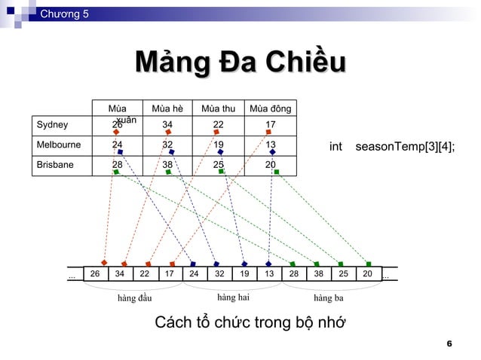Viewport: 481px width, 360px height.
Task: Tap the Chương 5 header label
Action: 64,13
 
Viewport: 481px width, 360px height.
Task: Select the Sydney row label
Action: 53,125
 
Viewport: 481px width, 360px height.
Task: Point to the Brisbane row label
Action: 56,164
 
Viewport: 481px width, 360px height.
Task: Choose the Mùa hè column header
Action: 167,109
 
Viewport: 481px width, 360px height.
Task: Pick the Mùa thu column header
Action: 219,109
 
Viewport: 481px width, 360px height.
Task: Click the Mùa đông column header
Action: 270,109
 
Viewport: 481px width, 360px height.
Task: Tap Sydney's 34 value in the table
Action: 167,125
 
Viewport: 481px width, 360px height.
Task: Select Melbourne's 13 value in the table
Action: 271,144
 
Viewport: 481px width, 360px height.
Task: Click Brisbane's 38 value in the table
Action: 167,164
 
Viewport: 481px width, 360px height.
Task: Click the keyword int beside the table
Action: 335,146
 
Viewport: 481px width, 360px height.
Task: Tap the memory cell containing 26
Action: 95,275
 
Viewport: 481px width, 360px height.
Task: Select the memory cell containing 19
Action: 244,275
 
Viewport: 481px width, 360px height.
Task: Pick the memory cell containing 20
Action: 368,275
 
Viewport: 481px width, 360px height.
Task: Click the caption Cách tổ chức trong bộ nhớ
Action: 250,324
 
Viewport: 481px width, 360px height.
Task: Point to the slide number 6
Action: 449,344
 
